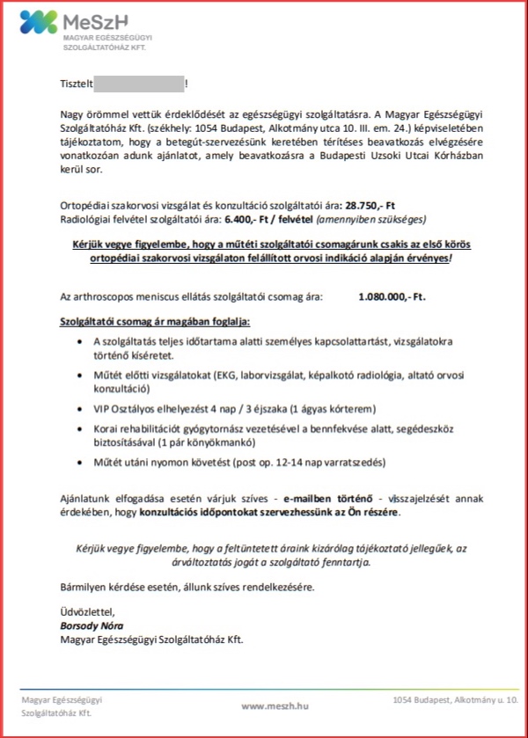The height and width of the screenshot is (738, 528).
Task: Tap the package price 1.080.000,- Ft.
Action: point(392,297)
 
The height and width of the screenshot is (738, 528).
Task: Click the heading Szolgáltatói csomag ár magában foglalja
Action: point(155,323)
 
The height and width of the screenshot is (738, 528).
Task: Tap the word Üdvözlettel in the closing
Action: point(84,612)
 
